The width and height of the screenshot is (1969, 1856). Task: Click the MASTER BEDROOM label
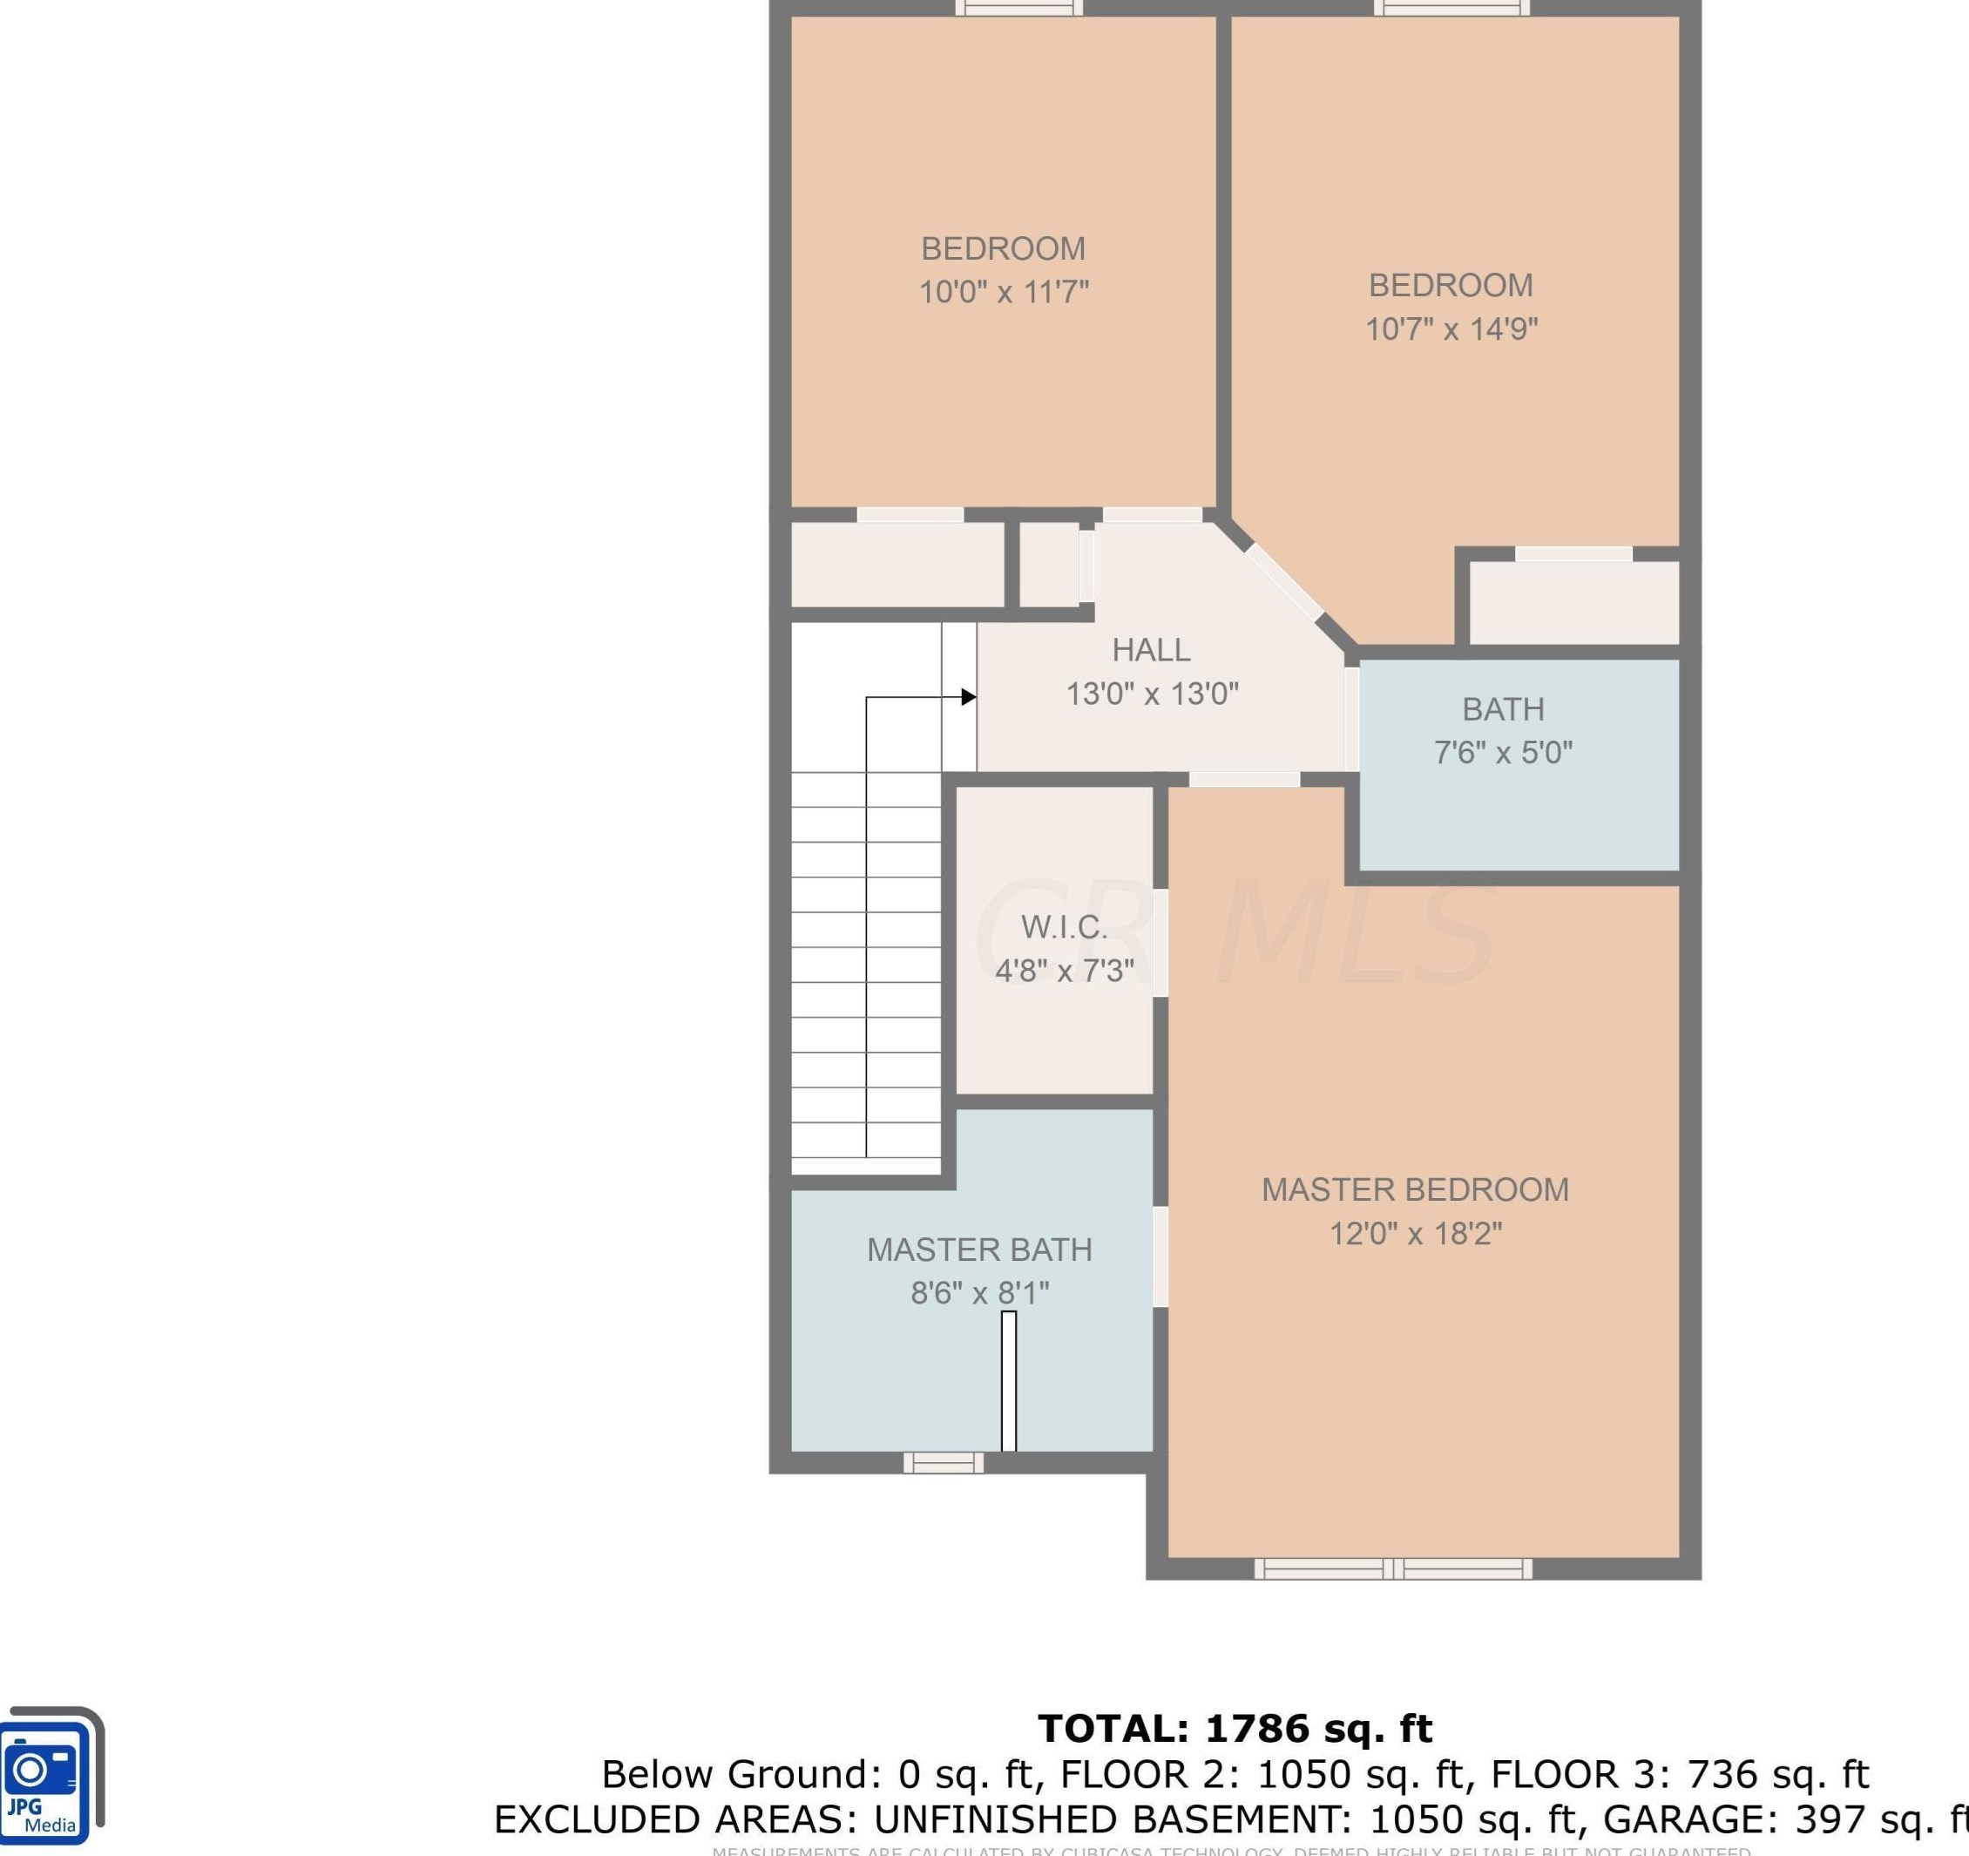pyautogui.click(x=1414, y=1189)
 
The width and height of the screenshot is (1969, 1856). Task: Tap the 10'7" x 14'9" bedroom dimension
pyautogui.click(x=1451, y=329)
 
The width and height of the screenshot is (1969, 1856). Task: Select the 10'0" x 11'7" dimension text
pyautogui.click(x=1004, y=292)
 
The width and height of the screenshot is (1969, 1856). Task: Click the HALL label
pyautogui.click(x=1151, y=650)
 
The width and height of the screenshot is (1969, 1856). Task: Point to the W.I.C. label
pyautogui.click(x=1064, y=927)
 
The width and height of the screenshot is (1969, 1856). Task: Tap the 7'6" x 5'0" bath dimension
pyautogui.click(x=1503, y=753)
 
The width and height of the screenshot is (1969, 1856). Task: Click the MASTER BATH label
pyautogui.click(x=979, y=1250)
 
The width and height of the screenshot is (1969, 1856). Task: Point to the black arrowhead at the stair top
pyautogui.click(x=969, y=697)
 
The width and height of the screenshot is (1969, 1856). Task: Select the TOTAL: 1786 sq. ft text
pyautogui.click(x=1234, y=1728)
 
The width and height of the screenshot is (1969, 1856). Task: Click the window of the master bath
pyautogui.click(x=943, y=1463)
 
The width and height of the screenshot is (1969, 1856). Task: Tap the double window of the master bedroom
pyautogui.click(x=1392, y=1568)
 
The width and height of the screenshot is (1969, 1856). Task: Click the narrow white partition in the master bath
pyautogui.click(x=1008, y=1382)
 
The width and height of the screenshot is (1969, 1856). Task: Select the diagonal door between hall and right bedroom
pyautogui.click(x=1284, y=582)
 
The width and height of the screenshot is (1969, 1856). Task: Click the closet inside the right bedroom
pyautogui.click(x=1573, y=603)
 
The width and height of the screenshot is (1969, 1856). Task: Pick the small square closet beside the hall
pyautogui.click(x=1049, y=565)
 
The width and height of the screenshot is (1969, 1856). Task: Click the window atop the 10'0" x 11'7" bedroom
pyautogui.click(x=1018, y=8)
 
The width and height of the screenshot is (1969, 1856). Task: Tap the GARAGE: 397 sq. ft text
pyautogui.click(x=1783, y=1819)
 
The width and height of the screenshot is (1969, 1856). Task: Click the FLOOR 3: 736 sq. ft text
pyautogui.click(x=1680, y=1774)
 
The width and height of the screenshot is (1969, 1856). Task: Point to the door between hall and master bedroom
pyautogui.click(x=1244, y=780)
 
